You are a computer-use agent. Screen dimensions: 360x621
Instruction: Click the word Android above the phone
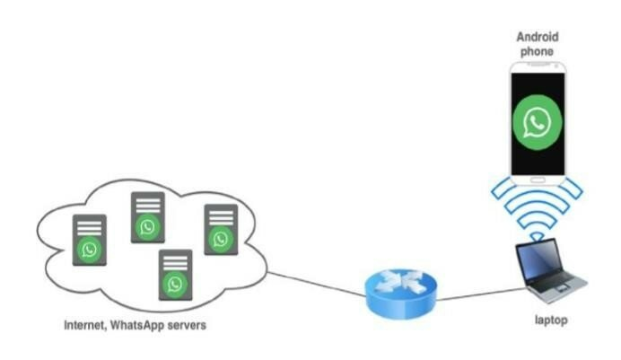pyautogui.click(x=538, y=37)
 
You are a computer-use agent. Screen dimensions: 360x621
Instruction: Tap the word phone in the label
pyautogui.click(x=538, y=52)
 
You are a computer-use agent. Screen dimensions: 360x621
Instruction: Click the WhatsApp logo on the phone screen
pyautogui.click(x=538, y=122)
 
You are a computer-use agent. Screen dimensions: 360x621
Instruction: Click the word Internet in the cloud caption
pyautogui.click(x=86, y=324)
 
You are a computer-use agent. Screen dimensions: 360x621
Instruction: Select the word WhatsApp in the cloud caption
pyautogui.click(x=143, y=324)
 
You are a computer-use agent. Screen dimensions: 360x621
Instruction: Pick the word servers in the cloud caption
pyautogui.click(x=188, y=324)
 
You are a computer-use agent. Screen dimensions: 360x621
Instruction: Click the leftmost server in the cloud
pyautogui.click(x=90, y=240)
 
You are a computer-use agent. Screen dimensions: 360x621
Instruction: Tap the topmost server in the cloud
pyautogui.click(x=147, y=216)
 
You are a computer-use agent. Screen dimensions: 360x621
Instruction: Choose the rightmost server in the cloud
pyautogui.click(x=221, y=229)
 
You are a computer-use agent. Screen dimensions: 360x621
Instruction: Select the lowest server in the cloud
pyautogui.click(x=176, y=274)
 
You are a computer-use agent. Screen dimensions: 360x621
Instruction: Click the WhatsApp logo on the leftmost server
pyautogui.click(x=90, y=250)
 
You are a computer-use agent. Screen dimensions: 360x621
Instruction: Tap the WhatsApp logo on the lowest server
pyautogui.click(x=176, y=284)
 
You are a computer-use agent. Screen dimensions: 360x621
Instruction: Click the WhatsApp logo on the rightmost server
pyautogui.click(x=221, y=239)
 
